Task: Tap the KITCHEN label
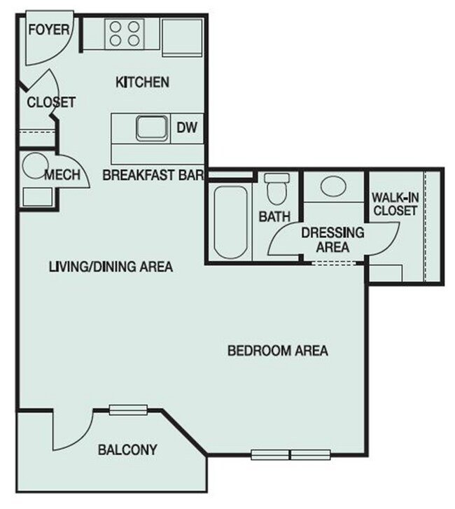click(x=142, y=83)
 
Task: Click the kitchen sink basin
click(x=151, y=128)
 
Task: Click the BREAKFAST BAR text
click(x=153, y=174)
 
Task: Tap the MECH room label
click(x=62, y=175)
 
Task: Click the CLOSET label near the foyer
click(x=50, y=102)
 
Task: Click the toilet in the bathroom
click(x=275, y=189)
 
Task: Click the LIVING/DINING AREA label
click(x=111, y=267)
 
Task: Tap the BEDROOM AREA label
click(x=278, y=350)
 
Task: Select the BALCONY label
click(x=127, y=449)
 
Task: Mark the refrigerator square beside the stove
click(x=182, y=34)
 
